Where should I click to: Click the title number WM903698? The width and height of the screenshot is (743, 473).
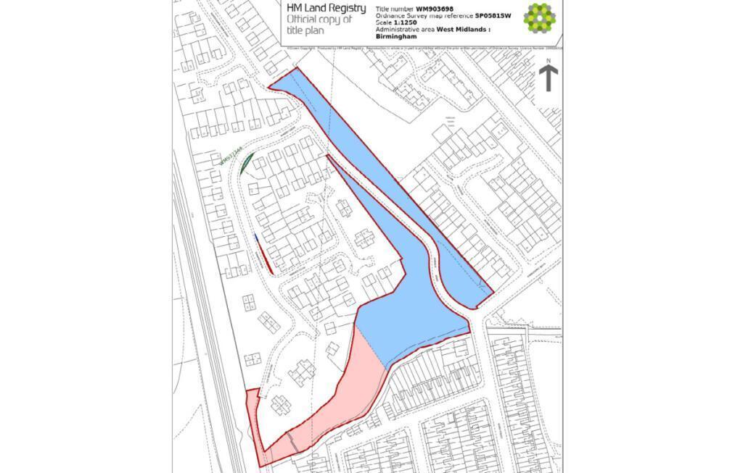click(x=440, y=9)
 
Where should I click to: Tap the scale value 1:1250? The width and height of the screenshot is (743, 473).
click(x=402, y=22)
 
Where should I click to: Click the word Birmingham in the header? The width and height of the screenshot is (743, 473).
click(x=395, y=35)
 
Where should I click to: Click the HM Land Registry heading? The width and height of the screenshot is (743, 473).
click(x=326, y=8)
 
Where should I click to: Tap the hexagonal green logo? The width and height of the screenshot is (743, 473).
click(x=539, y=19)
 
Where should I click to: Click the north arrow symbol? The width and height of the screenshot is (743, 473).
click(x=549, y=78)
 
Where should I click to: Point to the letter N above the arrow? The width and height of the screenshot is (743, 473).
click(x=549, y=61)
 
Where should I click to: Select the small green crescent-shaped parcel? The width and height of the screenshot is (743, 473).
click(x=246, y=163)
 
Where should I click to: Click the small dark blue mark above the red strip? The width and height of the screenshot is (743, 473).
click(x=256, y=237)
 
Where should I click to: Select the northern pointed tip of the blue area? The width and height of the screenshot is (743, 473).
click(x=272, y=88)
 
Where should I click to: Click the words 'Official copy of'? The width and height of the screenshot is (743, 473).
click(x=319, y=20)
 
